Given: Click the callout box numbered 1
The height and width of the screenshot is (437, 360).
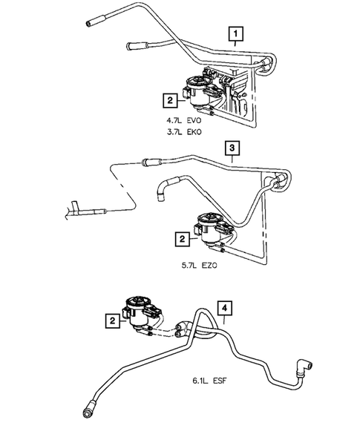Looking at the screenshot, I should click(236, 33).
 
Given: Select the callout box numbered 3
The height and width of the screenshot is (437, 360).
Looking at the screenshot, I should click(233, 149).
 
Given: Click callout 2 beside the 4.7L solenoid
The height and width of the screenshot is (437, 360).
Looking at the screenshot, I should click(171, 98).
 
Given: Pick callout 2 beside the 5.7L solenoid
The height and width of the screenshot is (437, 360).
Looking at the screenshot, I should click(180, 239).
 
